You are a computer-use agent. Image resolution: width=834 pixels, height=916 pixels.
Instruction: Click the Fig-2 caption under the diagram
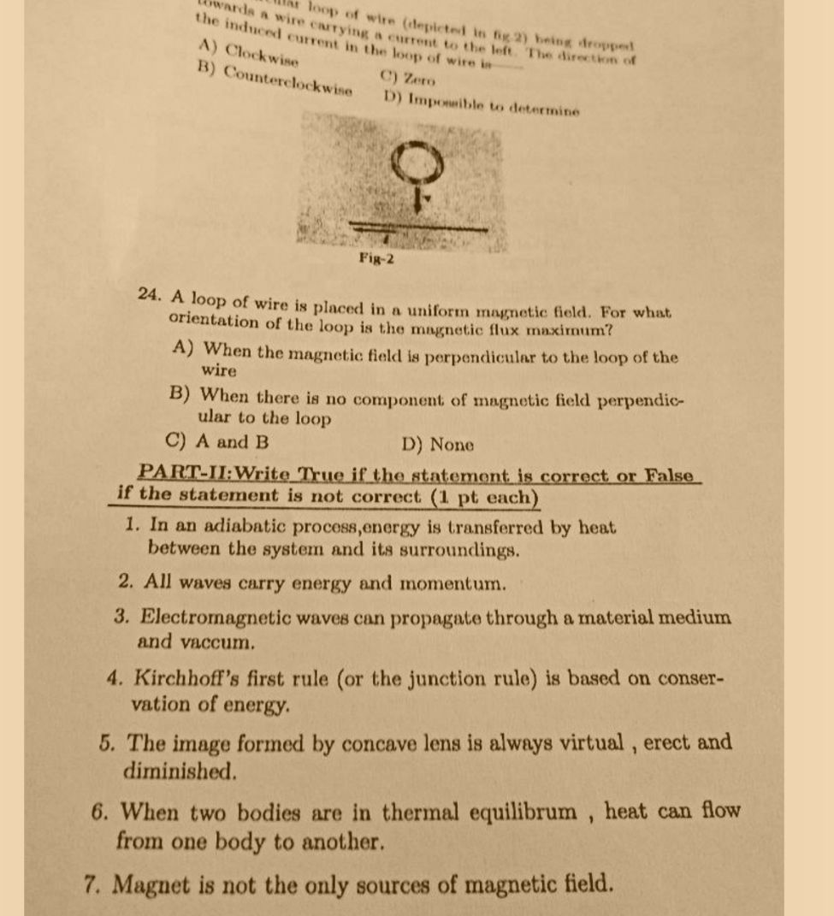tap(376, 258)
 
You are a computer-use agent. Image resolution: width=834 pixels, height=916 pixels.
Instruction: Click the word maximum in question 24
tap(559, 329)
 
